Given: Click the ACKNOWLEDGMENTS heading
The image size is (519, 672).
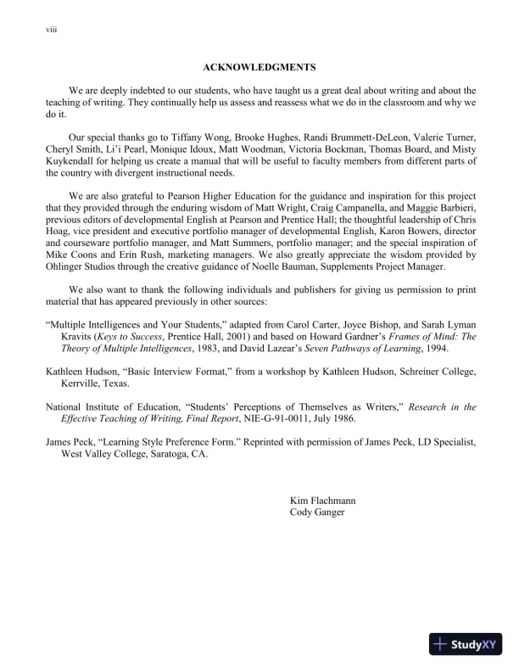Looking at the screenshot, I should (259, 65).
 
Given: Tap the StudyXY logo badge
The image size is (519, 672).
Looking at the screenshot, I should (466, 644).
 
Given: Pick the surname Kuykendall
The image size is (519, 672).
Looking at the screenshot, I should (75, 161).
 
